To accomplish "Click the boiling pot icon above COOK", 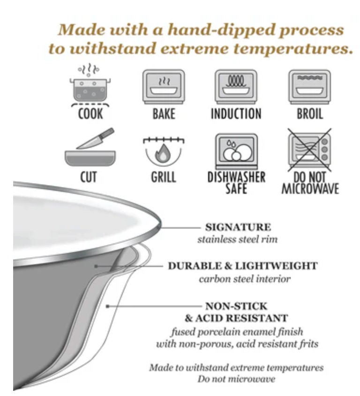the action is point(90,86).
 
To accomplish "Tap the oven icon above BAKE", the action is point(164,87).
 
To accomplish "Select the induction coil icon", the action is point(236,87).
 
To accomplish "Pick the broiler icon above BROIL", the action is point(310,87).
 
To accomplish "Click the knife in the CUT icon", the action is point(95,138).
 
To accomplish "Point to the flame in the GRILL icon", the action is point(163,153).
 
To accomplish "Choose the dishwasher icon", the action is point(237,151).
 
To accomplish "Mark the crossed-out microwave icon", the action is point(309,150).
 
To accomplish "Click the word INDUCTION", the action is point(236,114).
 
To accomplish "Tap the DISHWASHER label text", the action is point(236,177).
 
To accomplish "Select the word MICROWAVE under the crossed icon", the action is point(310,189).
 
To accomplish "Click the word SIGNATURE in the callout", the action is point(238,227).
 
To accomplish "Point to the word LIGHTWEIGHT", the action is point(277,266).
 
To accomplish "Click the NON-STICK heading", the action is point(236,306).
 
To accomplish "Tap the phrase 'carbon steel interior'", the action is point(245,279).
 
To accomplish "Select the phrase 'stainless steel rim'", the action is point(237,239).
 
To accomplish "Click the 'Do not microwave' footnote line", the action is point(236,379).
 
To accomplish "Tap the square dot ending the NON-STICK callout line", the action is point(107,306).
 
